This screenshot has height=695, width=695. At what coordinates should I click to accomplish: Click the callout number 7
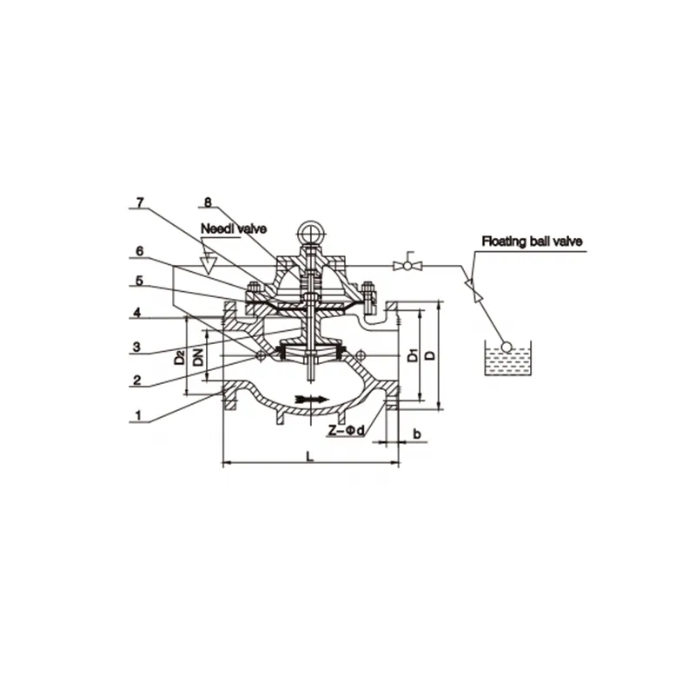pos(140,203)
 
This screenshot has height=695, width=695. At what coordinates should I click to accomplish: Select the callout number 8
pos(208,202)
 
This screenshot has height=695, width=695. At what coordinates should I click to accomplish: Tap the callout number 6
pos(140,252)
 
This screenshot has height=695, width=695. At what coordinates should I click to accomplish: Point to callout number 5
pos(140,281)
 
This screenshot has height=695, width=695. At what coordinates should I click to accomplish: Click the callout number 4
pos(137,313)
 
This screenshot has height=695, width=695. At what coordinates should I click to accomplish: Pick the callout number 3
pos(136,347)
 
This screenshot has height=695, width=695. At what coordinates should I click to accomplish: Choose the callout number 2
pos(137,381)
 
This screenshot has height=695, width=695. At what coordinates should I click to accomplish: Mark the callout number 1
pos(138,416)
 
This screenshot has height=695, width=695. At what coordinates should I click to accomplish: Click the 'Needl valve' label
pos(234,229)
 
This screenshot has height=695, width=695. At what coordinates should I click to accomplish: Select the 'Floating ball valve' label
pos(532,242)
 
